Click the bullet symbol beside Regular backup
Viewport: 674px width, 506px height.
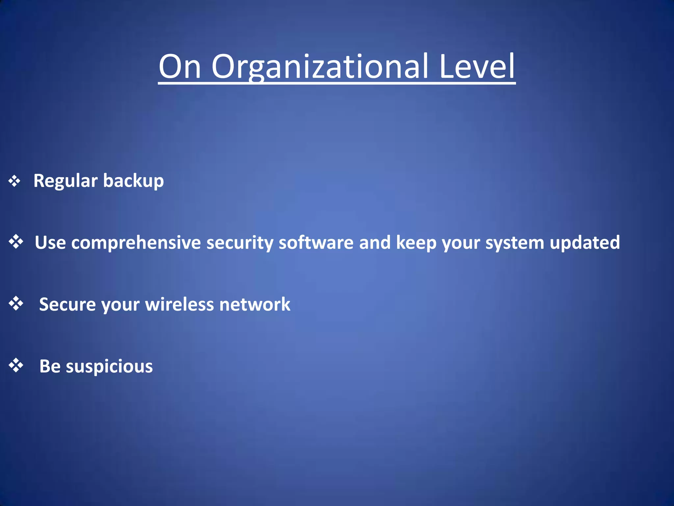[x=14, y=181]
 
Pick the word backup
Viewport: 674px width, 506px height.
[x=133, y=181]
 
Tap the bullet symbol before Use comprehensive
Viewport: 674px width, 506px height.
[x=16, y=242]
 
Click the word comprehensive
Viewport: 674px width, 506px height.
[x=136, y=243]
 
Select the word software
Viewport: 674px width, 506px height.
[x=316, y=242]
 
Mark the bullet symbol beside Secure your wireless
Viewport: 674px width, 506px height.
[x=16, y=303]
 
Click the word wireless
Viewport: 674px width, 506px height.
[x=179, y=304]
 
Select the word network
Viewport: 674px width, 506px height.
[x=255, y=304]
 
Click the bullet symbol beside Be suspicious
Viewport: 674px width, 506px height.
[x=16, y=365]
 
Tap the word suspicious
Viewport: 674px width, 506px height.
[x=109, y=367]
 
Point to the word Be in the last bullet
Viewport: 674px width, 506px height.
[x=50, y=366]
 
